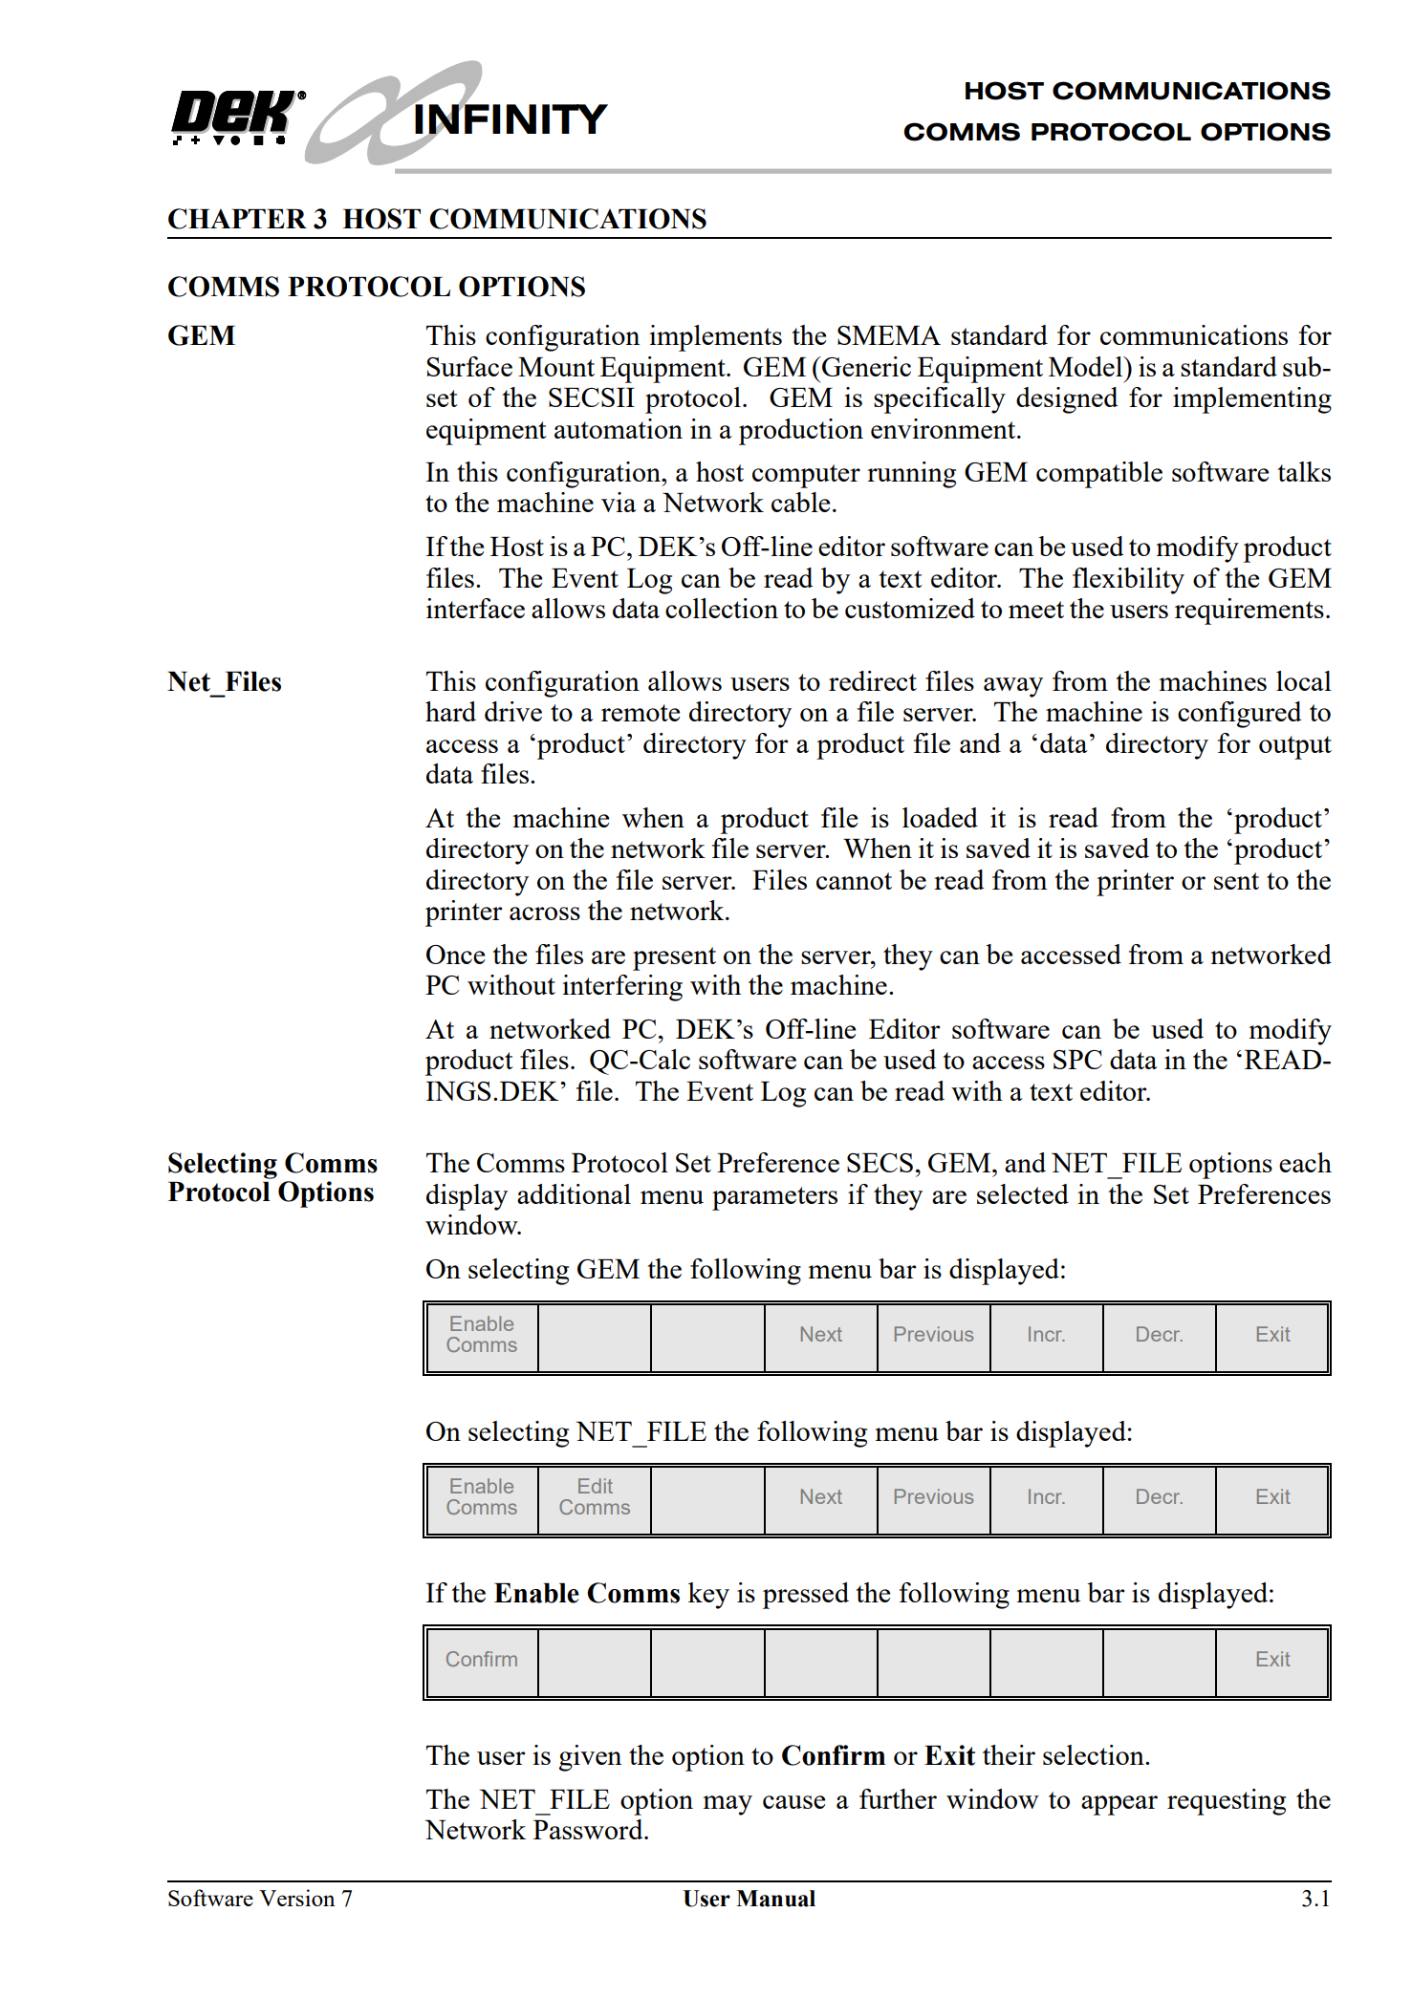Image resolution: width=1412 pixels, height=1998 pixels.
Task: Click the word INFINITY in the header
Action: tap(510, 120)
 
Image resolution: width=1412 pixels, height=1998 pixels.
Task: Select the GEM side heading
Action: tap(201, 336)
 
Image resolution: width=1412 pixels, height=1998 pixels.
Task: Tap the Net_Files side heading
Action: tap(225, 682)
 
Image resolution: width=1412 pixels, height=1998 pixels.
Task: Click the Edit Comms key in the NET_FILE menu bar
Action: tap(595, 1497)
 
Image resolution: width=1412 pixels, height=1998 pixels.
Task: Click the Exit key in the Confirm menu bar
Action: tap(1272, 1660)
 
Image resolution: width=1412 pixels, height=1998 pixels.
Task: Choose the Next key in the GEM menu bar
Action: tap(820, 1335)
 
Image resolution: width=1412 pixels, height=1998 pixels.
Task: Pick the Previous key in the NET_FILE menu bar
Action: tap(933, 1497)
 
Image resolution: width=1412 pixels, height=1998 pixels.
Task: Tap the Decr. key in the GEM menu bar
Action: tap(1159, 1335)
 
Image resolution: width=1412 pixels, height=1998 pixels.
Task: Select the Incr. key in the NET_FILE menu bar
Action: tap(1046, 1497)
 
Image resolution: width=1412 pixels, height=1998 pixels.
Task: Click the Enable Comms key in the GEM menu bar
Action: tap(482, 1335)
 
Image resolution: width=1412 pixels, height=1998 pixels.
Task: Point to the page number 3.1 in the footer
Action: tap(1315, 1900)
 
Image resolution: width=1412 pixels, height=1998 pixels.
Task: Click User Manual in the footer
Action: tap(749, 1900)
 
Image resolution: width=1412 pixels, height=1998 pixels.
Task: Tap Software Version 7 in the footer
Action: tap(260, 1900)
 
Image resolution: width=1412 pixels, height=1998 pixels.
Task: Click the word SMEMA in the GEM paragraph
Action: tap(888, 336)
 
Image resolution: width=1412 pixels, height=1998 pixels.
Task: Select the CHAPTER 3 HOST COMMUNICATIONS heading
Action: tap(437, 219)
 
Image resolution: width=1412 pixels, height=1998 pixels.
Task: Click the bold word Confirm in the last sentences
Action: tap(833, 1756)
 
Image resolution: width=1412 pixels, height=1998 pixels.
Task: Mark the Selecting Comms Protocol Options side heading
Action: tap(272, 1178)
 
